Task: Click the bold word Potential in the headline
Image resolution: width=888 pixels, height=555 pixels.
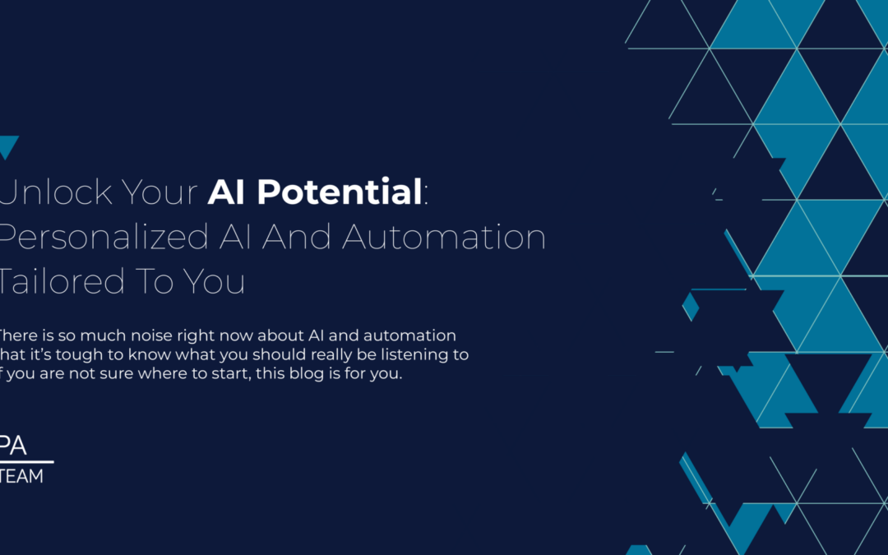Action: pos(339,192)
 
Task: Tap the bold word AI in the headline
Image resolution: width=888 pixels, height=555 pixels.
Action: pos(228,192)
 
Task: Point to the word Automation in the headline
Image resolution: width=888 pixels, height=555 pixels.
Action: pos(444,237)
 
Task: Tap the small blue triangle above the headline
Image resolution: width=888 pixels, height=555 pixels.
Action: pos(7,147)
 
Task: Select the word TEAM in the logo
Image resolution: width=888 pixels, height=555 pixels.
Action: pos(22,476)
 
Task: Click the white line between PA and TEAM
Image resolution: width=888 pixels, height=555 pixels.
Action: pos(25,462)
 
